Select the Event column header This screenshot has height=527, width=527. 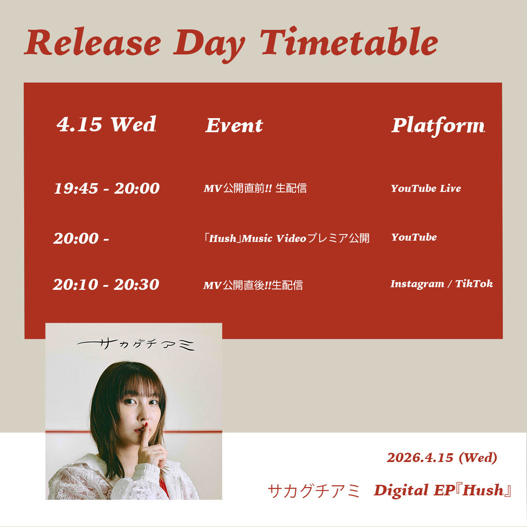click(234, 126)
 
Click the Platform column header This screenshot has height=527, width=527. click(438, 126)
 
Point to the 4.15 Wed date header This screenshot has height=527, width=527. click(106, 124)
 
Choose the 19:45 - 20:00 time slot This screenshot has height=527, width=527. click(107, 188)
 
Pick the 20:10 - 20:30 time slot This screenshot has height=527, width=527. click(106, 285)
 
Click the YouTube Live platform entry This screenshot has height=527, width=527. click(426, 188)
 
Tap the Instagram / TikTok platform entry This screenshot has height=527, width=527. click(442, 284)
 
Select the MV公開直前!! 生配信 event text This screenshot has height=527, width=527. click(255, 188)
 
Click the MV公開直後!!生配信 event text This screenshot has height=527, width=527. click(253, 285)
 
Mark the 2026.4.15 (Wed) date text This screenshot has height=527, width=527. click(442, 458)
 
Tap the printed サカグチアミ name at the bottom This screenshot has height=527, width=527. click(314, 491)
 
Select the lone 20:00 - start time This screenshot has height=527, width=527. click(81, 238)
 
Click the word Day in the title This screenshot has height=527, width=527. click(209, 45)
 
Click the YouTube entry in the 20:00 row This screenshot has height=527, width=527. click(414, 237)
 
